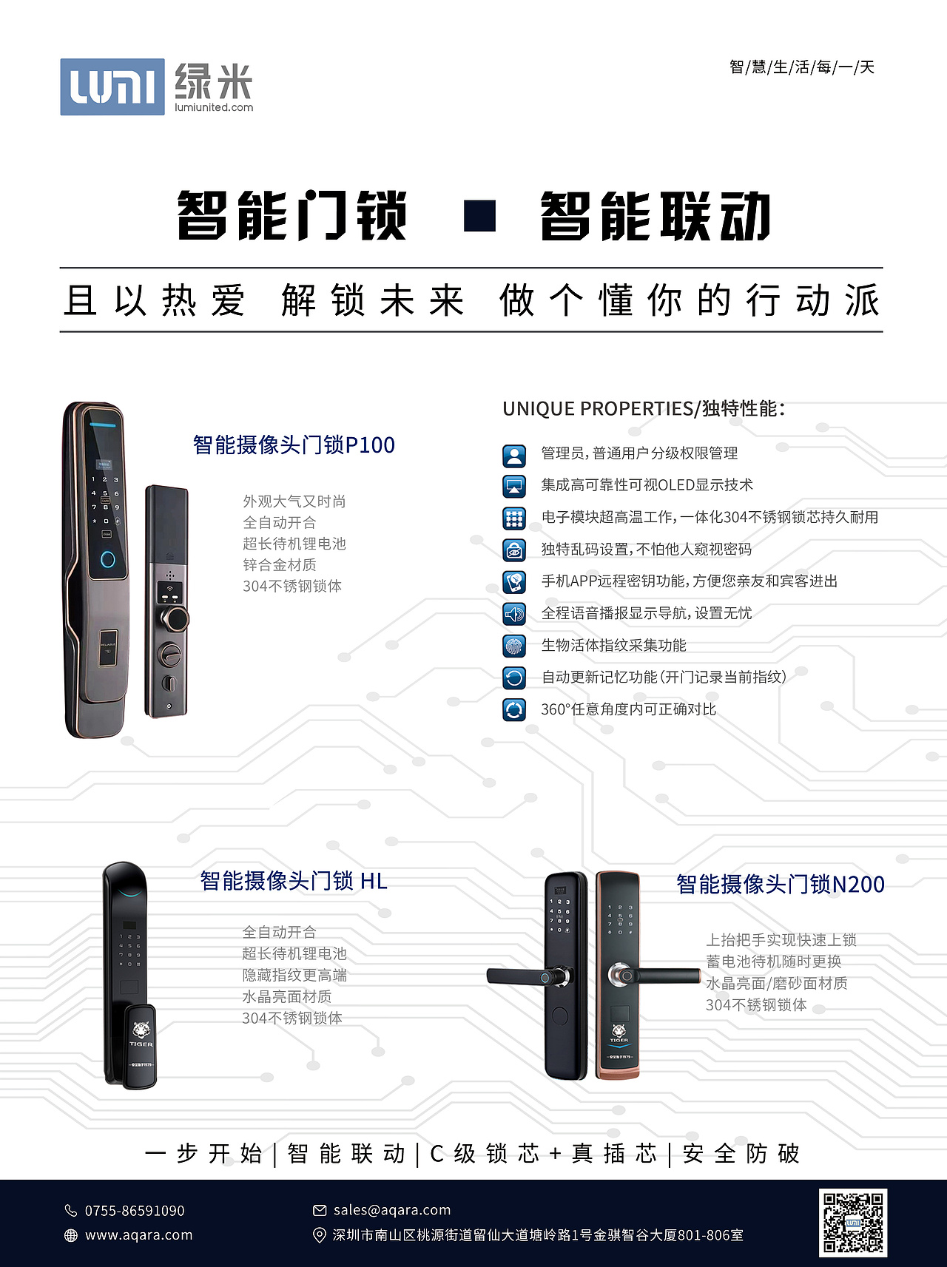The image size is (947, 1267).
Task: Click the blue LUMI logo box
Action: click(112, 87)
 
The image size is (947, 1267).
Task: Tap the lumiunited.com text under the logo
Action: click(214, 107)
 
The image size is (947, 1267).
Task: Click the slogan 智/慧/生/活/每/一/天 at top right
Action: click(802, 67)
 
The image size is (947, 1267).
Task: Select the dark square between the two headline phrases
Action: click(479, 216)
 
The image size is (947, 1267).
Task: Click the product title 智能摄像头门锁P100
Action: click(294, 445)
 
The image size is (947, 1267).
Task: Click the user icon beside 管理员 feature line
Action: click(514, 455)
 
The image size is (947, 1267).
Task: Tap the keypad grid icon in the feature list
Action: click(514, 518)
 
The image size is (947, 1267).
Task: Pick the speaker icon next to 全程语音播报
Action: click(514, 614)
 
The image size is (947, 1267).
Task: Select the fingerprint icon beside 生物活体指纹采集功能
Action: click(514, 646)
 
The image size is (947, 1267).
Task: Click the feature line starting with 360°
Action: click(628, 709)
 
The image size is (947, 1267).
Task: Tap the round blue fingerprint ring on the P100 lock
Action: click(108, 558)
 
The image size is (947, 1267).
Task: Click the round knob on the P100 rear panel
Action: click(175, 618)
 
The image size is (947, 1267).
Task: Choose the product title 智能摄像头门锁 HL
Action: click(294, 881)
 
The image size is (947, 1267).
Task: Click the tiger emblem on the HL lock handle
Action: click(141, 1030)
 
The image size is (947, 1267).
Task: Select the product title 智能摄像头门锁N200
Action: click(781, 885)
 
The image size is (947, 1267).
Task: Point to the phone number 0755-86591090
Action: click(134, 1211)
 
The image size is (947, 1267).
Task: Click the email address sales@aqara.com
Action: click(391, 1210)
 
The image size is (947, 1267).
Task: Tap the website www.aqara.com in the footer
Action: click(138, 1235)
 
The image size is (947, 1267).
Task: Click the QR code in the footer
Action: click(853, 1223)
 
